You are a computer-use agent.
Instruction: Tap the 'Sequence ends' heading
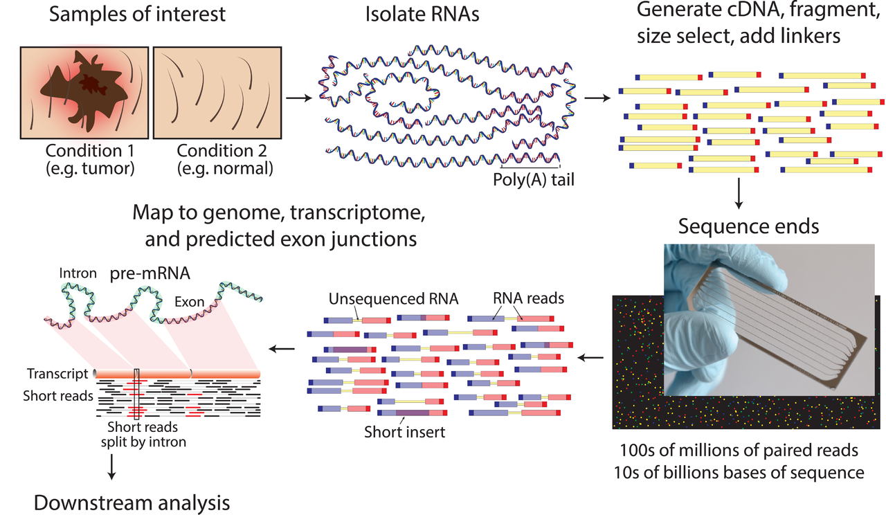click(739, 226)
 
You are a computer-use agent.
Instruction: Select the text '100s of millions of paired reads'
click(739, 451)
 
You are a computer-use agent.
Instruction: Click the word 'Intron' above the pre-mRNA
click(78, 273)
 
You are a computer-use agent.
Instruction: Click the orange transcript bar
click(177, 374)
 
